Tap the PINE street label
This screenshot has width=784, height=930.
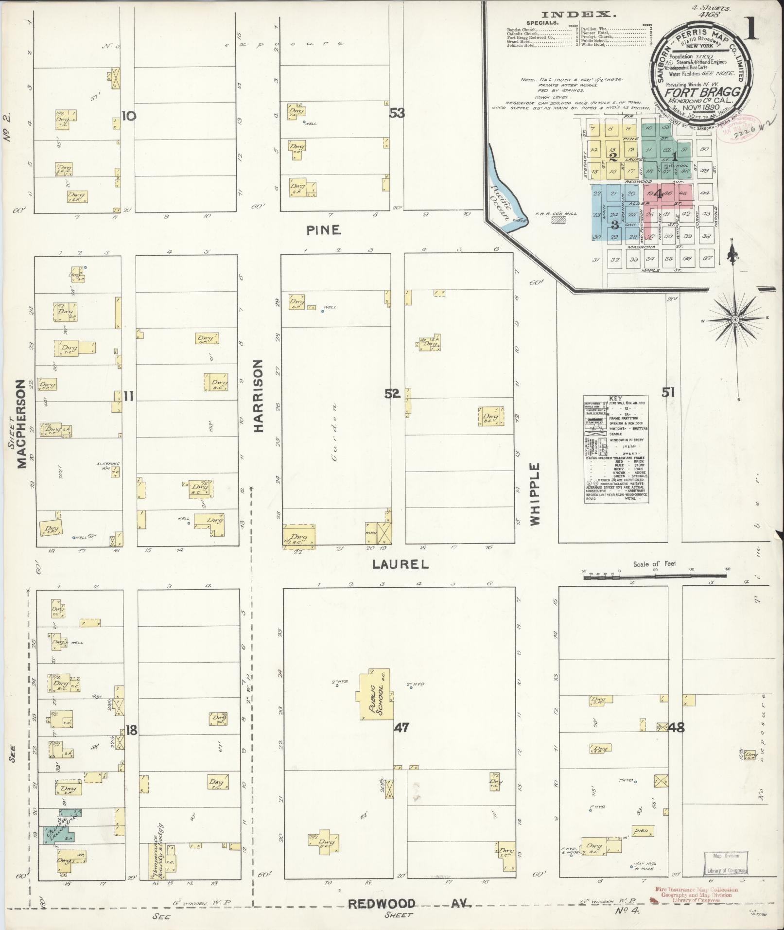[x=324, y=230]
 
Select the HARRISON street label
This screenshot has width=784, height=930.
[x=258, y=396]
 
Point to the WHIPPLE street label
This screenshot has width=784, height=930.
[x=535, y=494]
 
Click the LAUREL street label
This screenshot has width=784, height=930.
[x=401, y=564]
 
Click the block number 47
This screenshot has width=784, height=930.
[x=401, y=728]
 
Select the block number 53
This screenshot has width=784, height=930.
[x=397, y=113]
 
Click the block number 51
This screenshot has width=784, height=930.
[x=668, y=392]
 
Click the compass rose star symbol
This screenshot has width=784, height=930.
[x=735, y=319]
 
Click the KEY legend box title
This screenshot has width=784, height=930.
[x=615, y=398]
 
